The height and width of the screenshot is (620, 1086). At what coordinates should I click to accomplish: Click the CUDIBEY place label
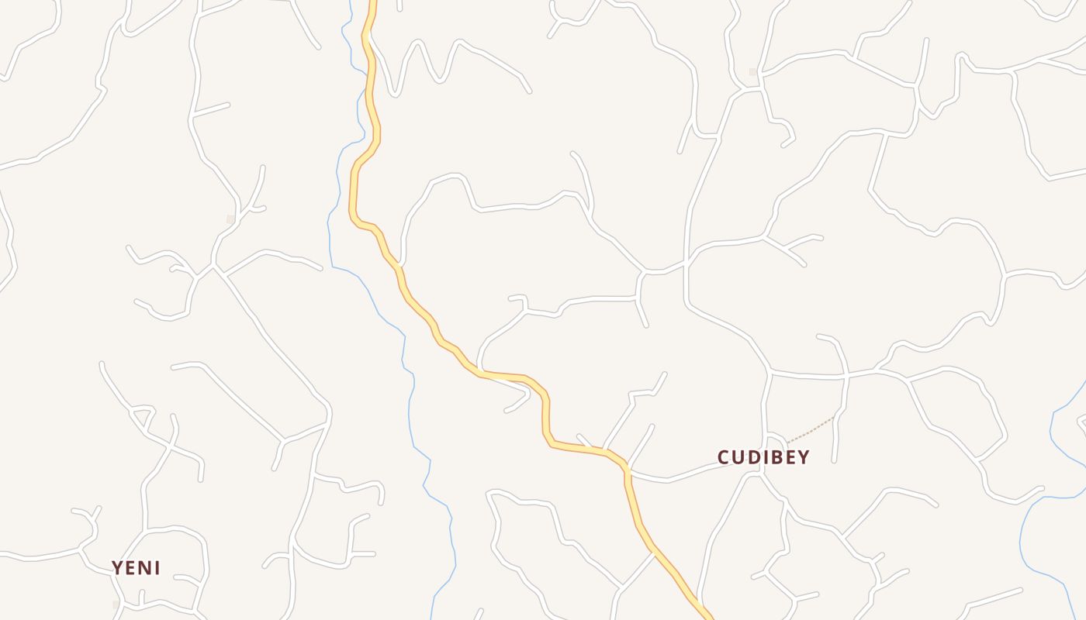pos(763,457)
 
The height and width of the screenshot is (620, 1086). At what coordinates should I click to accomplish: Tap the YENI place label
pos(136,568)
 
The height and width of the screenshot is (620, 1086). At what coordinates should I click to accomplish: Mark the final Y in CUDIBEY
pos(804,457)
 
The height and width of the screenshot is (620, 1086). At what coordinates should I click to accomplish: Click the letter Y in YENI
pos(117,568)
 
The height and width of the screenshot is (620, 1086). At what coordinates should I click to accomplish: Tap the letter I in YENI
pos(157,568)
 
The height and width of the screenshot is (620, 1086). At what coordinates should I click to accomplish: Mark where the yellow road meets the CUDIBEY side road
pos(625,468)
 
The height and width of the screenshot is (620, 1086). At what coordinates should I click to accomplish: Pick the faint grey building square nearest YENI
pos(116,604)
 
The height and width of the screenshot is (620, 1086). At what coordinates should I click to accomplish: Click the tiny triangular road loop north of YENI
pos(142,418)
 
